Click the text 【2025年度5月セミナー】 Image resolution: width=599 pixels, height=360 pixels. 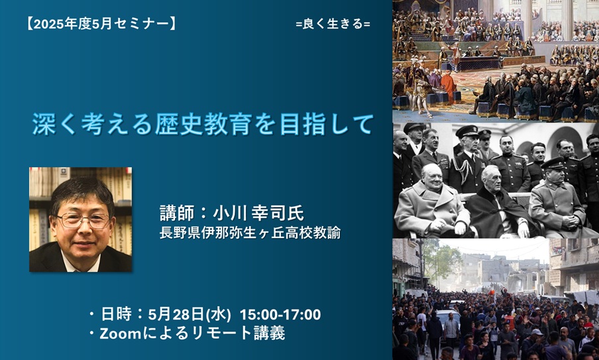pos(101,25)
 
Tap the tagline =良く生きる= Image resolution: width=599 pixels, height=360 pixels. pos(333,24)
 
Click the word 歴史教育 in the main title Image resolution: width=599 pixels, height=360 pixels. pos(203,124)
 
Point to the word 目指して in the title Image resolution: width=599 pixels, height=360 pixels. pos(326,124)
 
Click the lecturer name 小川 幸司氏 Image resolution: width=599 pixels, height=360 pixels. pos(258,213)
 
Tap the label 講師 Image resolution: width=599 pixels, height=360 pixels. pos(177,213)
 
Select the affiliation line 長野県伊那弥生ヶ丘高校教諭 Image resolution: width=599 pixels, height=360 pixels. pos(250,233)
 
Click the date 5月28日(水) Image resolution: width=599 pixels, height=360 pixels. pos(190,314)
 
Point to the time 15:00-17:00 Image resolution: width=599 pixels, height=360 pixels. pos(280,314)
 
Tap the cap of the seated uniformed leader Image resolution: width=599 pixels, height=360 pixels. pos(553,163)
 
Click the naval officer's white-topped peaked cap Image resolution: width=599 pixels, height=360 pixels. pos(467,131)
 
